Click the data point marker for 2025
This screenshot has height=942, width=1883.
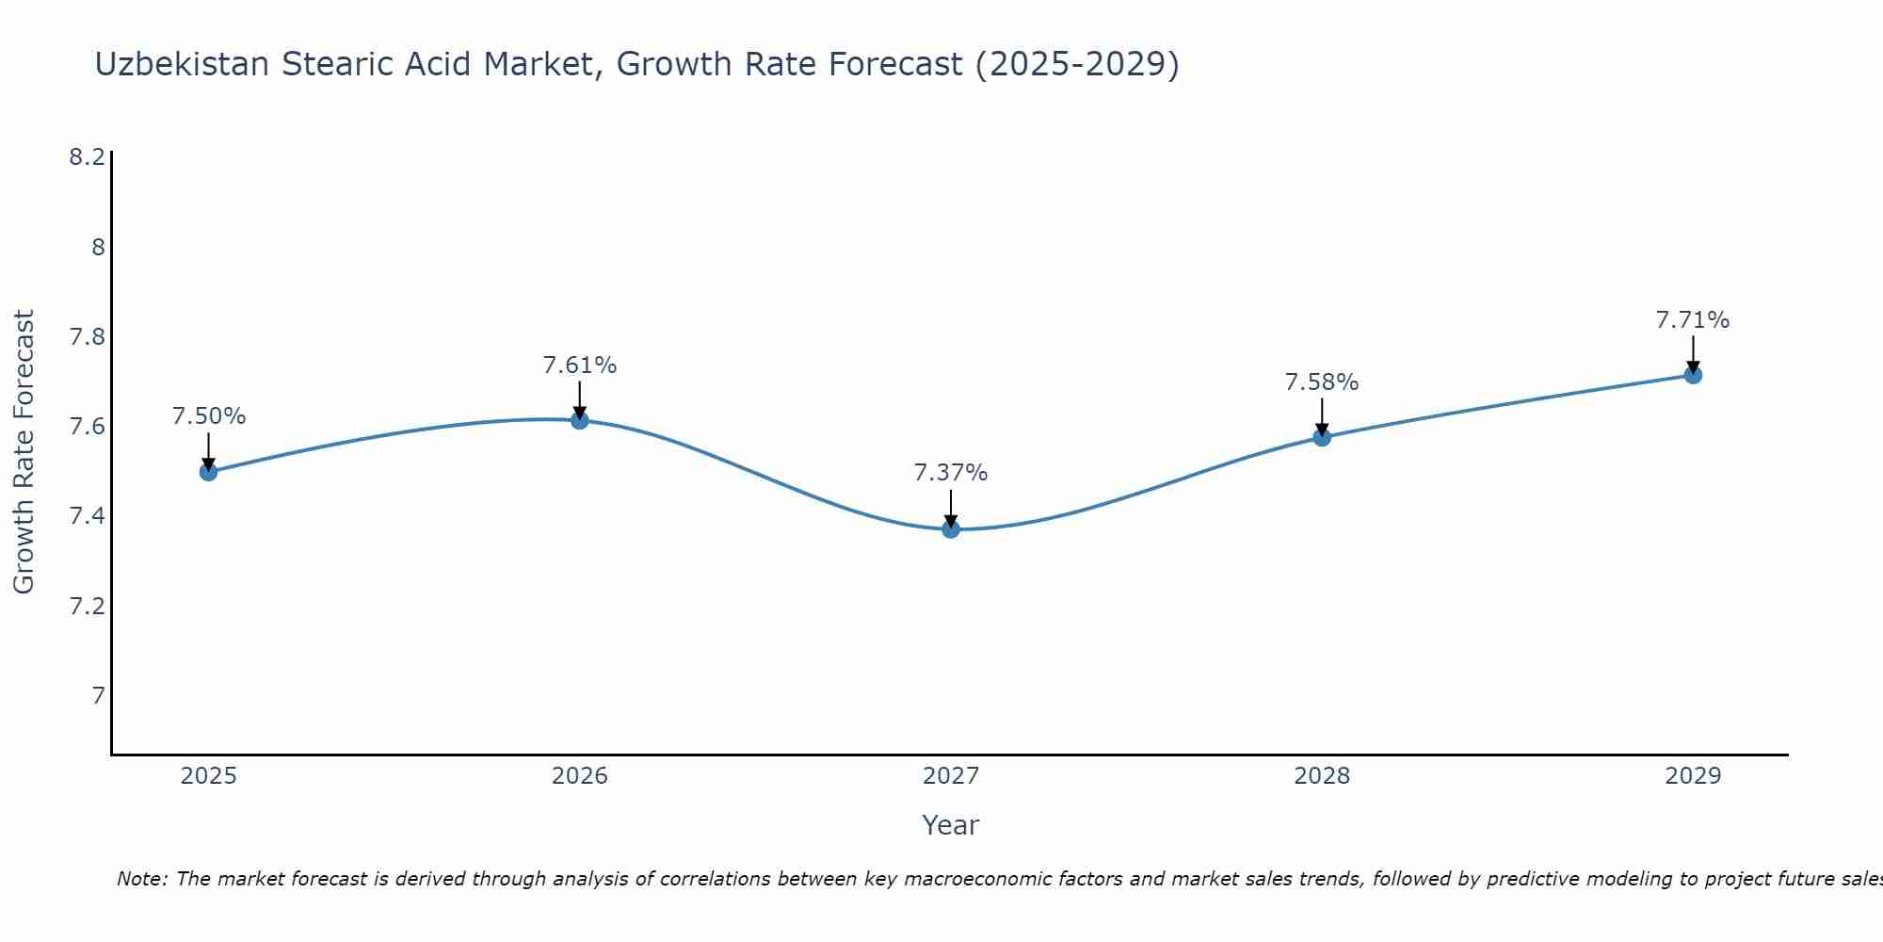pos(209,472)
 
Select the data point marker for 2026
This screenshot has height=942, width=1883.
pos(580,420)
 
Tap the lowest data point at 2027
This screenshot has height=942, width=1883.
pos(951,529)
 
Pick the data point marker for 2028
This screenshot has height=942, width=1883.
pos(1322,437)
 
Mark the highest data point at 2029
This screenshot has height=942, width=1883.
pos(1693,375)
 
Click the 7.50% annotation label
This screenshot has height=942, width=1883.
pos(209,416)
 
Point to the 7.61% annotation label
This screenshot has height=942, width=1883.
pos(580,365)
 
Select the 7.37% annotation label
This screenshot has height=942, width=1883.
pos(951,473)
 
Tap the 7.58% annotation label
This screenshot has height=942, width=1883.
pos(1322,382)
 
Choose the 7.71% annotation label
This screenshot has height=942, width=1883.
pos(1693,320)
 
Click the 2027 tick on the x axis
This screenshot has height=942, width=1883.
pos(951,776)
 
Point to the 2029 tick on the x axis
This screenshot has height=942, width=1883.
pos(1693,776)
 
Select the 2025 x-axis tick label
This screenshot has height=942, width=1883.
pos(209,776)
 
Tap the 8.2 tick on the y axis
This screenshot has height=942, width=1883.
pos(87,157)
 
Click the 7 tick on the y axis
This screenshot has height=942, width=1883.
pos(98,696)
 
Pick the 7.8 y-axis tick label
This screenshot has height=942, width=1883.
pos(87,337)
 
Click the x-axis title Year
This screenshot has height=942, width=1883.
pos(951,825)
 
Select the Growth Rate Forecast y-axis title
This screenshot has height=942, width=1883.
pos(24,452)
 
